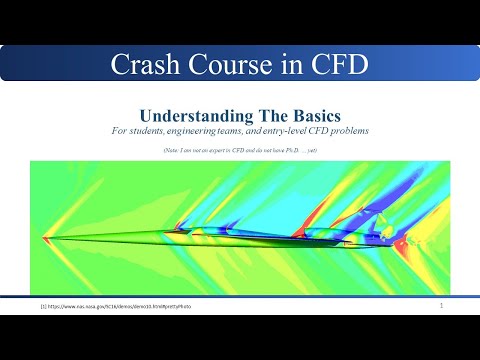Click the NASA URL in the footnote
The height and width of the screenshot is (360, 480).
click(110, 307)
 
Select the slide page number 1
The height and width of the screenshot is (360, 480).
click(441, 305)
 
